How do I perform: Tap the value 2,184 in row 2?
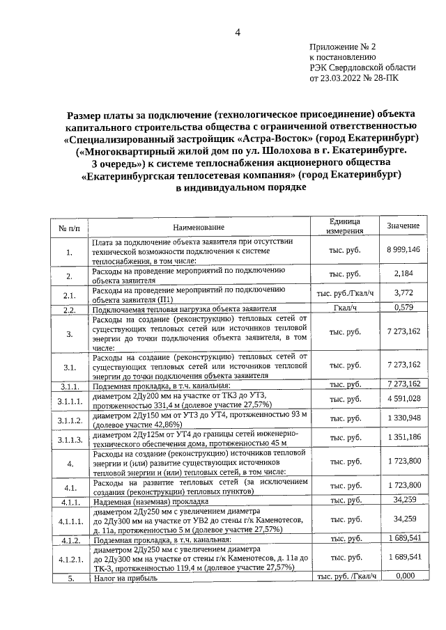[403, 273]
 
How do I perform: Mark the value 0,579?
[403, 307]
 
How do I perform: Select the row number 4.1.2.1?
[69, 558]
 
